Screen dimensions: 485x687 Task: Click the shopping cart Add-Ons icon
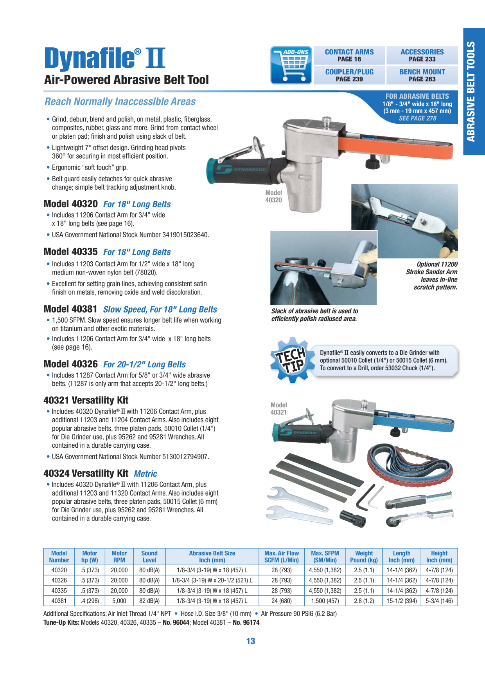point(291,65)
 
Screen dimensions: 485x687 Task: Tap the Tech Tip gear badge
point(292,360)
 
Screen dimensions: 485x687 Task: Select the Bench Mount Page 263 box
point(422,75)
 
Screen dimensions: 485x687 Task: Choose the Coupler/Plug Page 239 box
point(349,75)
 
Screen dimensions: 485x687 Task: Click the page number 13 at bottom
point(251,641)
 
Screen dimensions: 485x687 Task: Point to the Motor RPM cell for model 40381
point(119,601)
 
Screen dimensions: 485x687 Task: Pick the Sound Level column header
point(149,557)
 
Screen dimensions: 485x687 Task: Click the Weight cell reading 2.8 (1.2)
point(364,601)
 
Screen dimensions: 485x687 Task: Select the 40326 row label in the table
point(59,580)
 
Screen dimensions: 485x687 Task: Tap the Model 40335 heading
point(70,251)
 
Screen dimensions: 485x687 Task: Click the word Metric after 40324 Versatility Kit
point(145,474)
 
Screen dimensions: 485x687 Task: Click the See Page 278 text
point(417,118)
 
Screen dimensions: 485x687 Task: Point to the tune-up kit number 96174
point(246,622)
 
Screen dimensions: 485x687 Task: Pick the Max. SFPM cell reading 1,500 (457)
point(325,601)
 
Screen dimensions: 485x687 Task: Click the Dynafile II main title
point(105,58)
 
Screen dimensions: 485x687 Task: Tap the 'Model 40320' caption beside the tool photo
point(273,196)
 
